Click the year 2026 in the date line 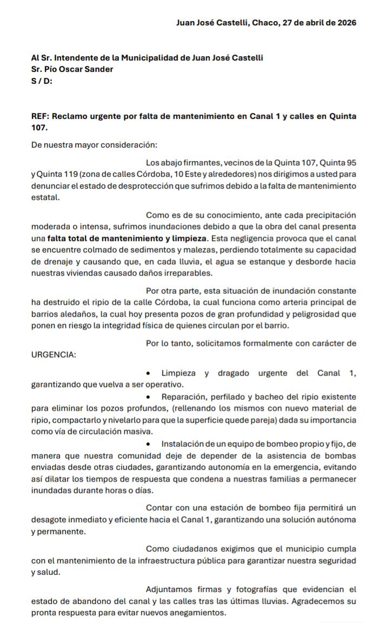[345, 23]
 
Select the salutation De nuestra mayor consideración [95, 145]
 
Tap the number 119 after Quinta [66, 175]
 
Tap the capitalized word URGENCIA [53, 355]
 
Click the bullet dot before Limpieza [149, 373]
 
